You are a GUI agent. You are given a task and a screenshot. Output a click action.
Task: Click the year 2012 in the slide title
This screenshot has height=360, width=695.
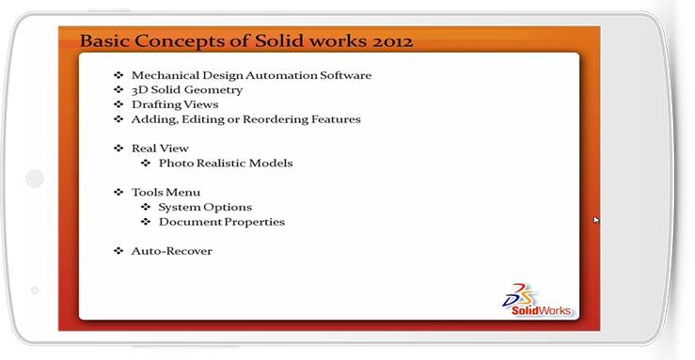[393, 41]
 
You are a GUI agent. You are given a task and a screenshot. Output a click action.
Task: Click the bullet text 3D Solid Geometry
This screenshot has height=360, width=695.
[187, 90]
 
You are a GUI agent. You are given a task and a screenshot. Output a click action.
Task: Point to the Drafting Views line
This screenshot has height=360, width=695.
[175, 105]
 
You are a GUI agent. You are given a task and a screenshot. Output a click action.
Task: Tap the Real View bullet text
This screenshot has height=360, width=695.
[160, 149]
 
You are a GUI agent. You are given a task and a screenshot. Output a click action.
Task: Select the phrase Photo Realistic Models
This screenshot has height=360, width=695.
[226, 164]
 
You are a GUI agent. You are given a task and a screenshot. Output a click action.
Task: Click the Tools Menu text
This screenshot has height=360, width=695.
[166, 192]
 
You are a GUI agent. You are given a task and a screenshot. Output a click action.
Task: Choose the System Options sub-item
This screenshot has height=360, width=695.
[205, 207]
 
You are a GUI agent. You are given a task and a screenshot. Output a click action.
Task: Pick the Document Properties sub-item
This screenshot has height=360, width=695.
[222, 222]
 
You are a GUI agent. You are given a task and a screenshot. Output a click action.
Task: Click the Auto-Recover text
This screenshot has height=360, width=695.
[171, 251]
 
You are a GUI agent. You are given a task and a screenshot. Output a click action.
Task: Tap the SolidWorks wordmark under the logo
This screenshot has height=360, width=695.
[541, 310]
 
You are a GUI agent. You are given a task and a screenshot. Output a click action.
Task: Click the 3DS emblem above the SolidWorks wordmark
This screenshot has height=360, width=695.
[519, 295]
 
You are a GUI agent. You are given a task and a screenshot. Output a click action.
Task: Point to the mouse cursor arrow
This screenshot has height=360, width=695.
[596, 220]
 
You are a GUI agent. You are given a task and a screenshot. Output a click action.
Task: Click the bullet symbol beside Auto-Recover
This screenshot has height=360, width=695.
[118, 251]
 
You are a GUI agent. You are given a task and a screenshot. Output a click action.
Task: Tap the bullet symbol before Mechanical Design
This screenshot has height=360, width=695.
[118, 75]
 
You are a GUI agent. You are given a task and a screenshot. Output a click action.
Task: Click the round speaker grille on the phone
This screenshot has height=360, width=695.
[35, 179]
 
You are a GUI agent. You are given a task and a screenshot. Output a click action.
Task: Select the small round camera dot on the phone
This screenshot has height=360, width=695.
[35, 290]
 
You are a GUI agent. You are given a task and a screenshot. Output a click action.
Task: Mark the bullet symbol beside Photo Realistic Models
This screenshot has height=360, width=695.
[146, 163]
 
